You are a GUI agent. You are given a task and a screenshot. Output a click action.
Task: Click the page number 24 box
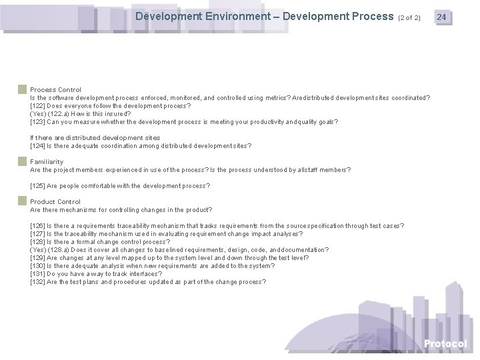coord(442,16)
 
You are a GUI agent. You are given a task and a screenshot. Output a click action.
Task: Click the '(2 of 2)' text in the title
coord(409,17)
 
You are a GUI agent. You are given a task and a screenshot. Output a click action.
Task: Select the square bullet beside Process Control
coord(23,89)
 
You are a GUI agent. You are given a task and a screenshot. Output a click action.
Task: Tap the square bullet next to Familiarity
coord(23,161)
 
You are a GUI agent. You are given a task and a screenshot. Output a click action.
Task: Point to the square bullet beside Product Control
coord(23,201)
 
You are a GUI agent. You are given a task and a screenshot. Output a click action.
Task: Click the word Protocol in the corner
coord(445,343)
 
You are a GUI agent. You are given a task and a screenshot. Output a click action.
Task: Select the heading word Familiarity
coord(47,161)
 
